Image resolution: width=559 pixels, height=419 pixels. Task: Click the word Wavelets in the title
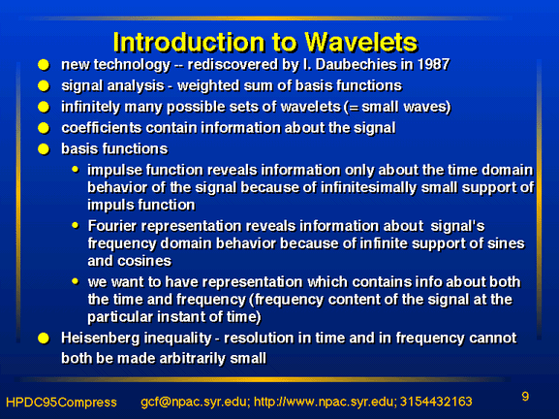360,42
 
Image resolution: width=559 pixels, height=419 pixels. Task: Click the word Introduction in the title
190,42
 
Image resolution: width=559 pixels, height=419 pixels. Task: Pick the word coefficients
102,128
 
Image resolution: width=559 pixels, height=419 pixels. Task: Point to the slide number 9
525,397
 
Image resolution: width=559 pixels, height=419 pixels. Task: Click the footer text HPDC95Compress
61,403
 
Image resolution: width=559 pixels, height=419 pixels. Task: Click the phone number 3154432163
436,402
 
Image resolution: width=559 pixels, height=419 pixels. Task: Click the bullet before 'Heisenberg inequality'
44,338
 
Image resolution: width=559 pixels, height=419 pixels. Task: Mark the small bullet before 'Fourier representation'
76,225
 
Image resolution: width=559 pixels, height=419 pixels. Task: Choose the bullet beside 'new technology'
44,65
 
